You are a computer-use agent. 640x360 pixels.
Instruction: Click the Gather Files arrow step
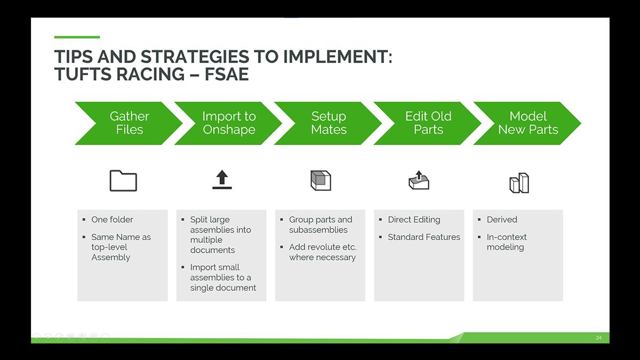pos(129,123)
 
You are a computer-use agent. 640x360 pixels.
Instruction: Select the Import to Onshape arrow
pos(229,123)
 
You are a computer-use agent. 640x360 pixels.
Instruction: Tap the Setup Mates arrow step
pos(329,123)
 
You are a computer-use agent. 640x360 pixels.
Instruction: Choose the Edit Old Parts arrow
pos(428,123)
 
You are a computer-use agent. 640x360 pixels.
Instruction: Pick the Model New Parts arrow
pos(528,123)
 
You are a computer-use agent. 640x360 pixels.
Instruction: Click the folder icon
pos(123,181)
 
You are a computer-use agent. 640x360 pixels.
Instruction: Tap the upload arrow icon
pos(222,180)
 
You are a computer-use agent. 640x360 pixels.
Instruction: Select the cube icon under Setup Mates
pos(321,181)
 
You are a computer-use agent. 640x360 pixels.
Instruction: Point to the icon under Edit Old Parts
pos(419,180)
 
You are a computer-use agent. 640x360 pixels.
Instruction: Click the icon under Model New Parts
pos(519,183)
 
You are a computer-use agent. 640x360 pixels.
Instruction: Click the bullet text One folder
pos(112,220)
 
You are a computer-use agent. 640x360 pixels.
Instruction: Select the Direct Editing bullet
pos(414,220)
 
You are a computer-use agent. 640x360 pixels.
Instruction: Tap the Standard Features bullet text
pos(423,237)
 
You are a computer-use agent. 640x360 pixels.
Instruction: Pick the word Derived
pos(502,220)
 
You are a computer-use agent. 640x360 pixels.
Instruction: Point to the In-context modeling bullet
pos(506,242)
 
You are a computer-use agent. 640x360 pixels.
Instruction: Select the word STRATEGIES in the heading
pos(186,57)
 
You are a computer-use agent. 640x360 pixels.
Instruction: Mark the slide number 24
pos(598,338)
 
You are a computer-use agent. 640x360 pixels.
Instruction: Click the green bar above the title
pos(77,37)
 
